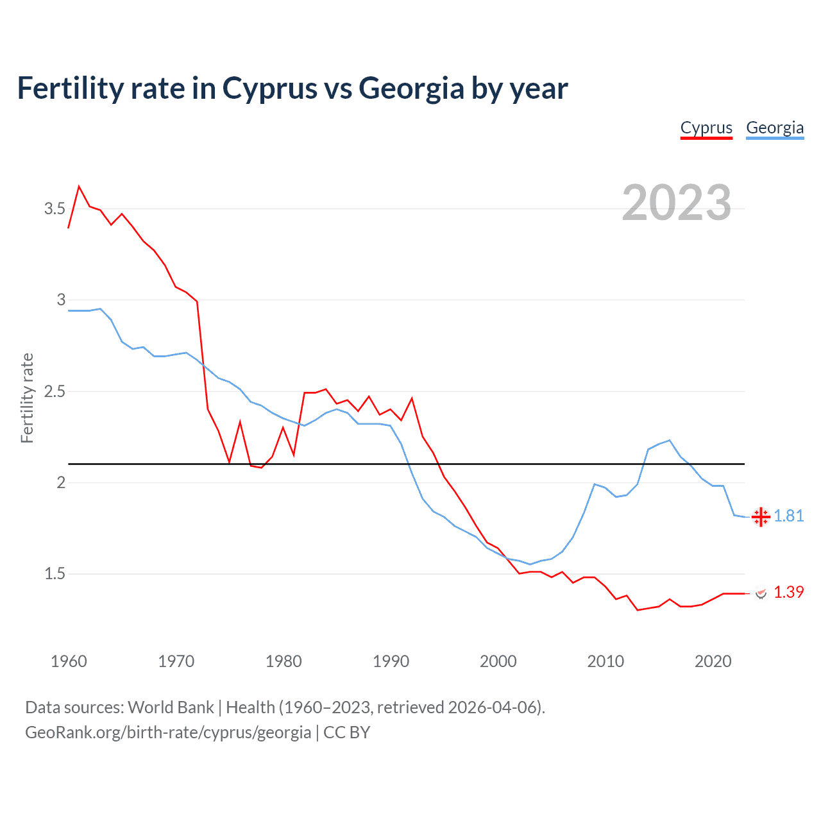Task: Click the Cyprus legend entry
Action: (706, 128)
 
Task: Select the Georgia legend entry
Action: (775, 128)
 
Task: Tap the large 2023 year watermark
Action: (677, 203)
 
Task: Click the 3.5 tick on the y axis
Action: (55, 208)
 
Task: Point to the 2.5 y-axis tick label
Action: (55, 391)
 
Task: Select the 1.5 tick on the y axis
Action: (55, 573)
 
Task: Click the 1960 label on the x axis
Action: (69, 661)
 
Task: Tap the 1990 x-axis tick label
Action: (391, 661)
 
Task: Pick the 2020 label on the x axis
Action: (713, 661)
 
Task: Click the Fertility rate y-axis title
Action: (27, 398)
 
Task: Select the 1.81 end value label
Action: (789, 516)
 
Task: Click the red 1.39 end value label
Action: (789, 592)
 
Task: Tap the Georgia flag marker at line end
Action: (761, 516)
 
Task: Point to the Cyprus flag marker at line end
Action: (761, 593)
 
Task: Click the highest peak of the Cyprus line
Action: (79, 187)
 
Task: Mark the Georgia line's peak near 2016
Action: (670, 440)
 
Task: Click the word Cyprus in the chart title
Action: (269, 88)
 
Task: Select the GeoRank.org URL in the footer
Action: (168, 732)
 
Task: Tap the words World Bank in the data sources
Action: (171, 707)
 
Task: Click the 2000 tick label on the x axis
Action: (498, 661)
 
